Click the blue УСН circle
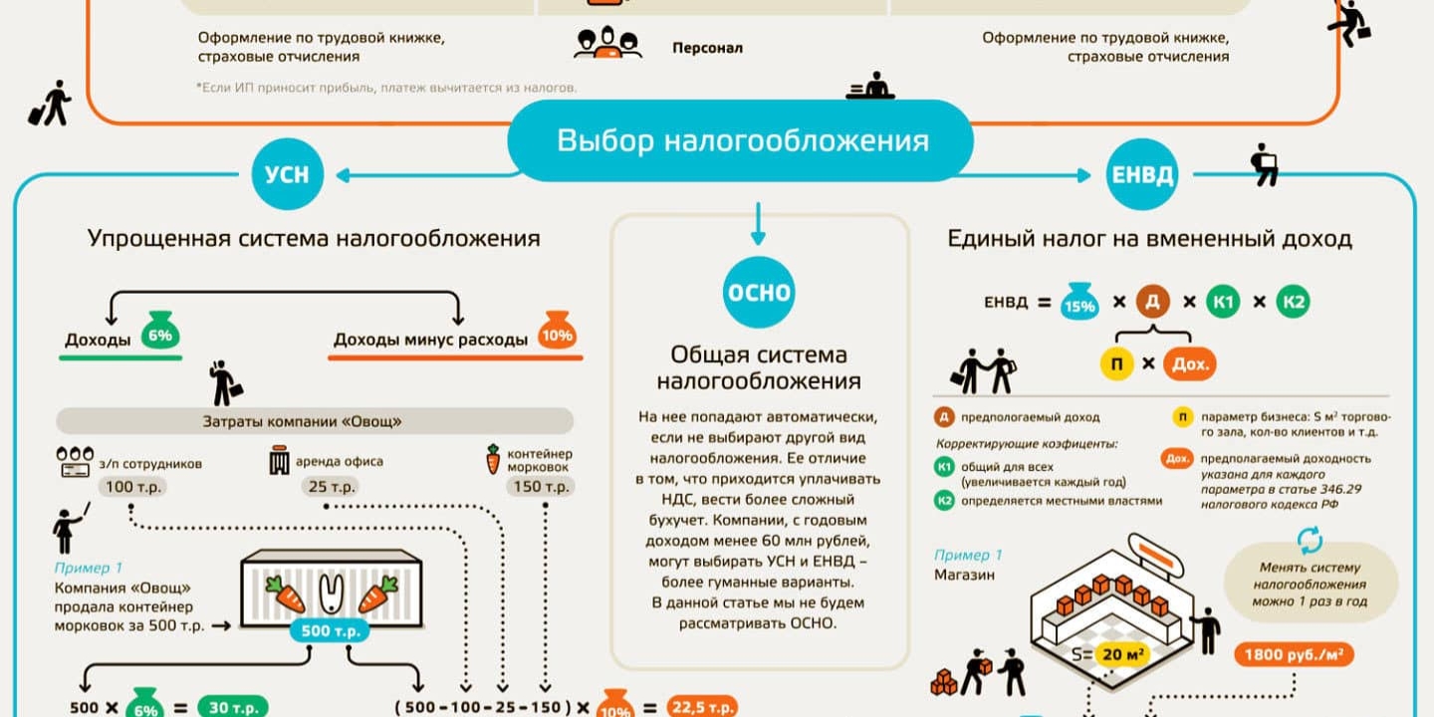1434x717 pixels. [x=287, y=174]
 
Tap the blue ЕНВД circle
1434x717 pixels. [x=1142, y=174]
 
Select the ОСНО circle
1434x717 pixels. [x=759, y=292]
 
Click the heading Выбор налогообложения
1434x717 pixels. [x=741, y=140]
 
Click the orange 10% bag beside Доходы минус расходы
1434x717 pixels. [x=557, y=334]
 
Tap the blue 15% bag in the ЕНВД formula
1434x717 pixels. [x=1079, y=303]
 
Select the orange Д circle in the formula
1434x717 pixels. [x=1152, y=301]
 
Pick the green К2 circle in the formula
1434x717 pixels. [x=1293, y=301]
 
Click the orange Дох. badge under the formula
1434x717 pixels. [x=1190, y=363]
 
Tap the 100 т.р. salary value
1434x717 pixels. [x=132, y=487]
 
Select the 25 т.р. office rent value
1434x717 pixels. [x=329, y=487]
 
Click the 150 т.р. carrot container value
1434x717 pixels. [x=541, y=487]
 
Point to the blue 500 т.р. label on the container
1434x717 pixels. [x=330, y=631]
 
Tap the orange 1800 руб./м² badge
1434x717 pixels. [x=1295, y=654]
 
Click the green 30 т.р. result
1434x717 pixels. [x=232, y=707]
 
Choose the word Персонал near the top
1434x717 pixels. [x=707, y=48]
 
